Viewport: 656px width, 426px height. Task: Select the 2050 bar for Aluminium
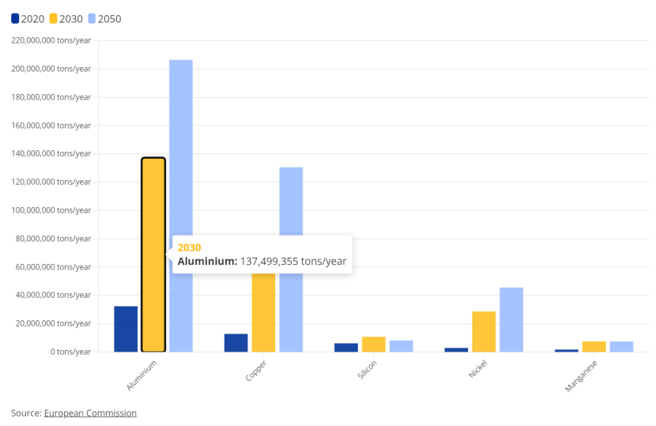tap(181, 205)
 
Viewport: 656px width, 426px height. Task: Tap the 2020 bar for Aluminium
tap(126, 329)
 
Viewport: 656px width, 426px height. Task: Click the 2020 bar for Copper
tap(236, 342)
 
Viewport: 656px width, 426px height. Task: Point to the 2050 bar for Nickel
tap(511, 319)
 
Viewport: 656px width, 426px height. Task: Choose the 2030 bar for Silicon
tap(374, 344)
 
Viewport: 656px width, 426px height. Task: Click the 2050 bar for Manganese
tap(621, 346)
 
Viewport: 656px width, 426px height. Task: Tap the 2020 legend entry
tap(28, 19)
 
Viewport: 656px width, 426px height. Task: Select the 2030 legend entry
tap(66, 19)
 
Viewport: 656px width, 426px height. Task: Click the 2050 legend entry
tap(104, 19)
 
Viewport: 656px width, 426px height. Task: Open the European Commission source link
tap(90, 413)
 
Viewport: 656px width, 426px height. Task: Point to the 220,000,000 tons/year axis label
tap(51, 40)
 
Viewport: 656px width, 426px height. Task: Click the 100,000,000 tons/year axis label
tap(51, 210)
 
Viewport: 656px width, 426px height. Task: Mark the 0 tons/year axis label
tap(70, 352)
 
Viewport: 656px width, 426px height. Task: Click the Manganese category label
tap(580, 376)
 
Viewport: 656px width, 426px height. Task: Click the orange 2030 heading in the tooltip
tap(189, 247)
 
